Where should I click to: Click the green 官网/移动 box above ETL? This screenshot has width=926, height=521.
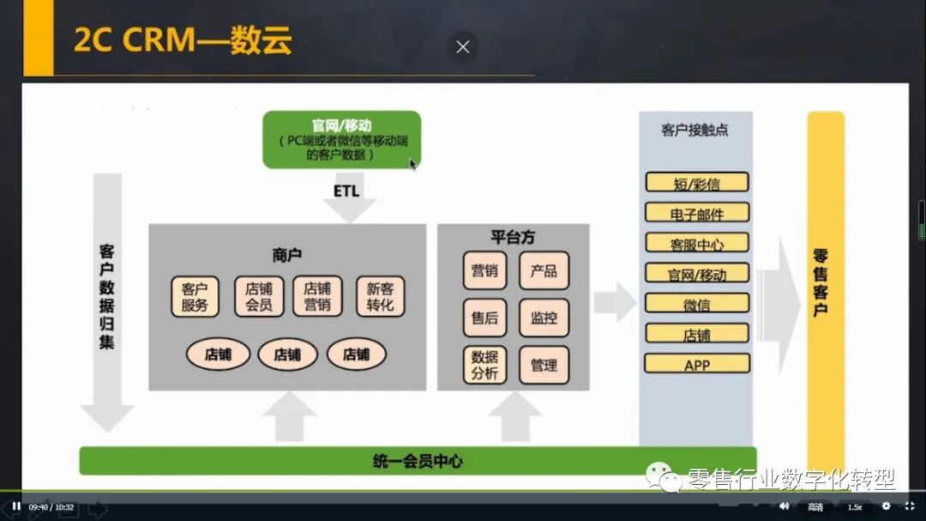(341, 139)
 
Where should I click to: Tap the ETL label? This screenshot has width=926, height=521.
(346, 191)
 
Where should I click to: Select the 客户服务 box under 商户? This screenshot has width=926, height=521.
(195, 296)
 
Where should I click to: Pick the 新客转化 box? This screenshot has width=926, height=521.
(380, 296)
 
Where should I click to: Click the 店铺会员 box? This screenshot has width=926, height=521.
(259, 296)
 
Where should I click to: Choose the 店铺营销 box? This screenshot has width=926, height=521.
(317, 296)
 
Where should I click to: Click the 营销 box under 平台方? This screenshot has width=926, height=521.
(484, 271)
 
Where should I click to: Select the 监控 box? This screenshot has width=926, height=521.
(544, 318)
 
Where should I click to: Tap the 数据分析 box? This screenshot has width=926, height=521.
(484, 365)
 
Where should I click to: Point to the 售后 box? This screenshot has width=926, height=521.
(484, 318)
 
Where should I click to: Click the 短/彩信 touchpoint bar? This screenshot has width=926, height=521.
(696, 183)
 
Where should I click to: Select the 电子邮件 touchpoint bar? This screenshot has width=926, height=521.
(696, 213)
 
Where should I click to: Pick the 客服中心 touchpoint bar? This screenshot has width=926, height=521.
(696, 243)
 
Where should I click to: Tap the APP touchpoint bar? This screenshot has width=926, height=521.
(696, 364)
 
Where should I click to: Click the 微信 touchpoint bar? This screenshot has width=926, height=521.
(696, 303)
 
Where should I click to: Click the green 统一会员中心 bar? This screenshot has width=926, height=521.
(418, 461)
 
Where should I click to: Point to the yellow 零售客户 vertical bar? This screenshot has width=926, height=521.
(825, 283)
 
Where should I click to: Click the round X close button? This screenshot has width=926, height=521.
(463, 47)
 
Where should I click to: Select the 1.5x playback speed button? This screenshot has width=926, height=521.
(854, 506)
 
